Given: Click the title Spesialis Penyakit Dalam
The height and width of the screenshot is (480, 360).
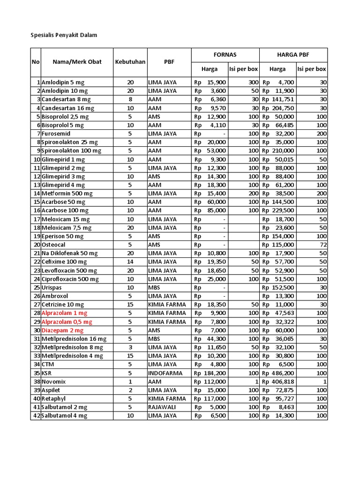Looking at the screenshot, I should (63, 35).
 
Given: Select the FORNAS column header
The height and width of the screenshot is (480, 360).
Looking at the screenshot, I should (225, 54).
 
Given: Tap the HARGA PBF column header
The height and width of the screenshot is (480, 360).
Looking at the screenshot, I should (293, 54).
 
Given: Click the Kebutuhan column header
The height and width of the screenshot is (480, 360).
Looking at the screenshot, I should (130, 62).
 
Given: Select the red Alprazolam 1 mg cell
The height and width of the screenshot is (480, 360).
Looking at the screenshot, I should (64, 313).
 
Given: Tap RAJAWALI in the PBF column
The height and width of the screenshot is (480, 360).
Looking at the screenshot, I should (162, 407).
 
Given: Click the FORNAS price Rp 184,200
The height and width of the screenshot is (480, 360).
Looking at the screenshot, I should (210, 373).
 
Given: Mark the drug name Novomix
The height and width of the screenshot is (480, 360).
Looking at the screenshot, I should (53, 382).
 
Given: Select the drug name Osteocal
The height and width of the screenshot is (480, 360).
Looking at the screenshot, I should (53, 245).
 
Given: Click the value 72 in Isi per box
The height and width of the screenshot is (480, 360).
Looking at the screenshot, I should (323, 245).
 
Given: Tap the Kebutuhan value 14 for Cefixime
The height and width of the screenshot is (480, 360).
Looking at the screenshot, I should (130, 262).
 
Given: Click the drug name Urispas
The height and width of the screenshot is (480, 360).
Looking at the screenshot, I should (52, 287).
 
